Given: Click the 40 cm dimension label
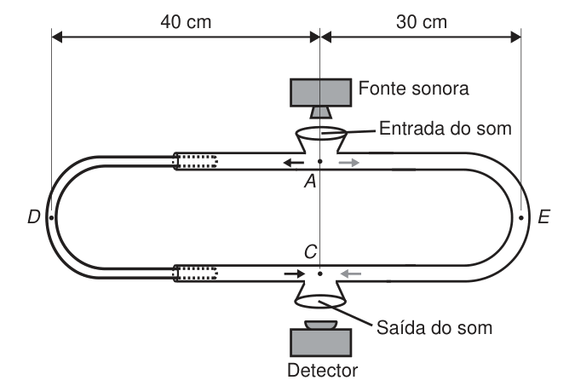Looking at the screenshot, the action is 186,21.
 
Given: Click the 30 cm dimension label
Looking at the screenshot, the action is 422,21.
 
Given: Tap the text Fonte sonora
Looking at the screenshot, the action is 414,89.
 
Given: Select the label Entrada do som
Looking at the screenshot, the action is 446,129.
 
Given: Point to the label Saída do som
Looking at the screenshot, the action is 434,328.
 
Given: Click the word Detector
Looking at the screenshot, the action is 322,370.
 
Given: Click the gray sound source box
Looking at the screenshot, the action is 321,93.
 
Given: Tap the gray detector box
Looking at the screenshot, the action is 321,343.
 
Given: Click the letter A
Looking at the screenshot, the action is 310,181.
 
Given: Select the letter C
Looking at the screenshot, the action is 310,252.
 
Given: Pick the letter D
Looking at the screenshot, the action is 34,216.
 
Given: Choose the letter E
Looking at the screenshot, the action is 543,216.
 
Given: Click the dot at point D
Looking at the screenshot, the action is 51,217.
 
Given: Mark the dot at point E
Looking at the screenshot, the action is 521,217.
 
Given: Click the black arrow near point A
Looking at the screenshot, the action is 294,162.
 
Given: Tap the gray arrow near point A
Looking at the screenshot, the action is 348,162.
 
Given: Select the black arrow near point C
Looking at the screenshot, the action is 294,274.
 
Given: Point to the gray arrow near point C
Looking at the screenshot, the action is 351,274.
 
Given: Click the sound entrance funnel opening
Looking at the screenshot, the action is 321,133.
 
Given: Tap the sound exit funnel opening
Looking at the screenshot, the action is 321,302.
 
